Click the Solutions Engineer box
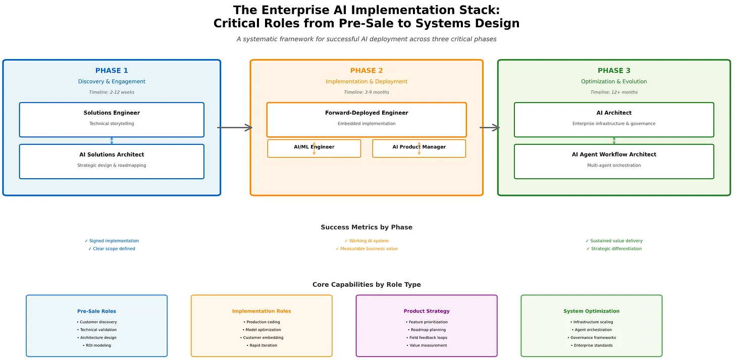(112, 119)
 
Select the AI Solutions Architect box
(112, 161)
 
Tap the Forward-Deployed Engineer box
(366, 119)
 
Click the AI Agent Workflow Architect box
(614, 161)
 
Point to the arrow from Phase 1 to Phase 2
(235, 128)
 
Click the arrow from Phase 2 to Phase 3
(490, 128)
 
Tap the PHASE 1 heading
(112, 71)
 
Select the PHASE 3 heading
(614, 71)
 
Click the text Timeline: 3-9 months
(366, 92)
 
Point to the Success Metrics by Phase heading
(366, 227)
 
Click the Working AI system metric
(366, 241)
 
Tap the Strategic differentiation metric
(614, 249)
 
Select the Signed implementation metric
(112, 241)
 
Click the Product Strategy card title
(427, 311)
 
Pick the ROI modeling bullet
(97, 345)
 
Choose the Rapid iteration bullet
(261, 345)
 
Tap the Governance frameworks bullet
(592, 338)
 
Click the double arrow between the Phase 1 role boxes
(112, 140)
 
